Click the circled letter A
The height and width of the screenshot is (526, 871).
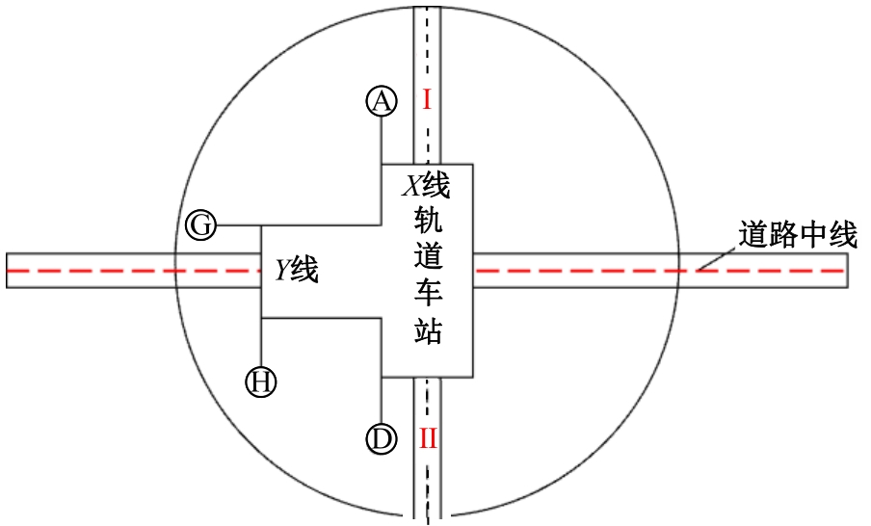(x=383, y=101)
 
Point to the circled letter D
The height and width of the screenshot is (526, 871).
(x=383, y=439)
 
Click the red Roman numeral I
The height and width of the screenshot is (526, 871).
(x=427, y=99)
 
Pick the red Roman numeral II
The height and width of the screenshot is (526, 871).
(x=428, y=440)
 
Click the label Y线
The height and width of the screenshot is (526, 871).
(x=296, y=271)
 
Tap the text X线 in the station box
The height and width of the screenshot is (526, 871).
(x=425, y=183)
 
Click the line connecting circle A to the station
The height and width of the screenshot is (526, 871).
(x=383, y=140)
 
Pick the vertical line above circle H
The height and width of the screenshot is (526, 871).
(x=261, y=342)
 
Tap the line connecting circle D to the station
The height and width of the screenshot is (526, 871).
(x=383, y=400)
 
